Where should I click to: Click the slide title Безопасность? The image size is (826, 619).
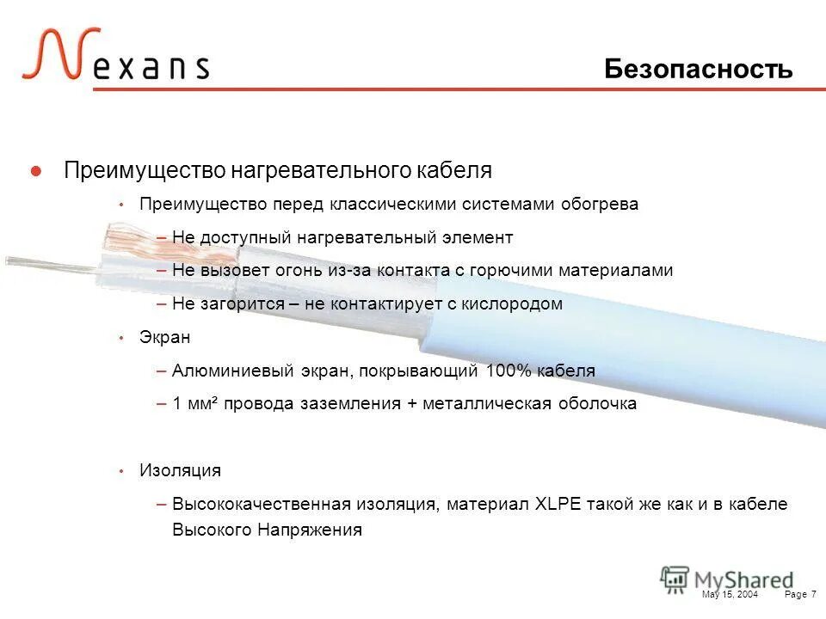pyautogui.click(x=698, y=69)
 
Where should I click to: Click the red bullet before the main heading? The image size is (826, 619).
pyautogui.click(x=36, y=171)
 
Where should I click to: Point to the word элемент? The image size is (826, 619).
pyautogui.click(x=479, y=237)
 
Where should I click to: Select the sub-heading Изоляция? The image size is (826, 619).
pyautogui.click(x=180, y=471)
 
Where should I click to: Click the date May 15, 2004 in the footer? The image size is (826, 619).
pyautogui.click(x=730, y=595)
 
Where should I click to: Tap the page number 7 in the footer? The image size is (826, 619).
pyautogui.click(x=813, y=595)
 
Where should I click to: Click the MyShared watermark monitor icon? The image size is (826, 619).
pyautogui.click(x=675, y=579)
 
